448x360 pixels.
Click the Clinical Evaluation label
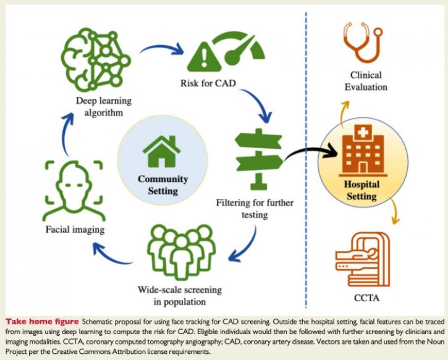coord(366,81)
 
